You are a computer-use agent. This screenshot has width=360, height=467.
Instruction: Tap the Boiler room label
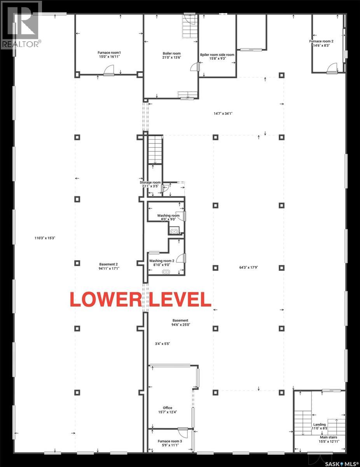(171, 53)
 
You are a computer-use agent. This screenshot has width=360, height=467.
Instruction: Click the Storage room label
(150, 182)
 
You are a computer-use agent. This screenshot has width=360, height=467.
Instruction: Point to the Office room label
(168, 408)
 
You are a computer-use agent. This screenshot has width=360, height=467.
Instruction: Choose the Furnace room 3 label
(170, 441)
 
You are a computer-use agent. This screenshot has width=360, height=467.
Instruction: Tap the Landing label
(319, 425)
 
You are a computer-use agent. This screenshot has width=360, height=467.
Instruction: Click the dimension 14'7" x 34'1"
(223, 114)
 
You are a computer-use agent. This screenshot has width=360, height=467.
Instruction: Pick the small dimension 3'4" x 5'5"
(162, 344)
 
